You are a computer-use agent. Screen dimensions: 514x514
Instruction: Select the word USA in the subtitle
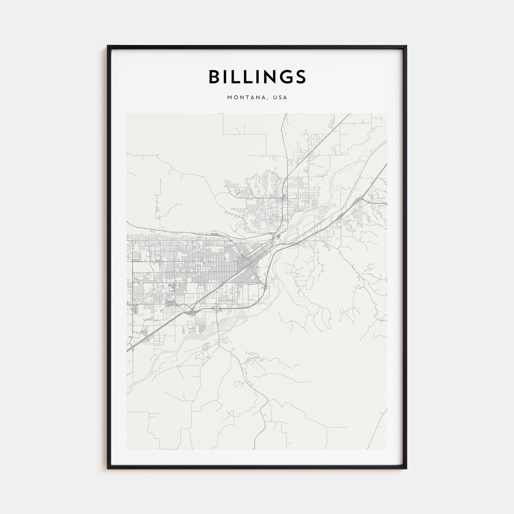[x=280, y=98]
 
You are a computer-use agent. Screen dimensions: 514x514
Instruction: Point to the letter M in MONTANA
[x=230, y=98]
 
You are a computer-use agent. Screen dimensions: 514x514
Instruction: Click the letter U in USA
[x=275, y=98]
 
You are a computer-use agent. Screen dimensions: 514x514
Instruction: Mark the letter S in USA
[x=280, y=98]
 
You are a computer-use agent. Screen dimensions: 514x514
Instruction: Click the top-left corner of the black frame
[x=107, y=46]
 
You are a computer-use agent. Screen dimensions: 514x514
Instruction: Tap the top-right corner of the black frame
[x=407, y=46]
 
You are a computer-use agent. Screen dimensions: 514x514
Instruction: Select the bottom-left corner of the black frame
[x=107, y=469]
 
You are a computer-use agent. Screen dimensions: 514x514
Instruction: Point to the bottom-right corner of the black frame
[x=407, y=469]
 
